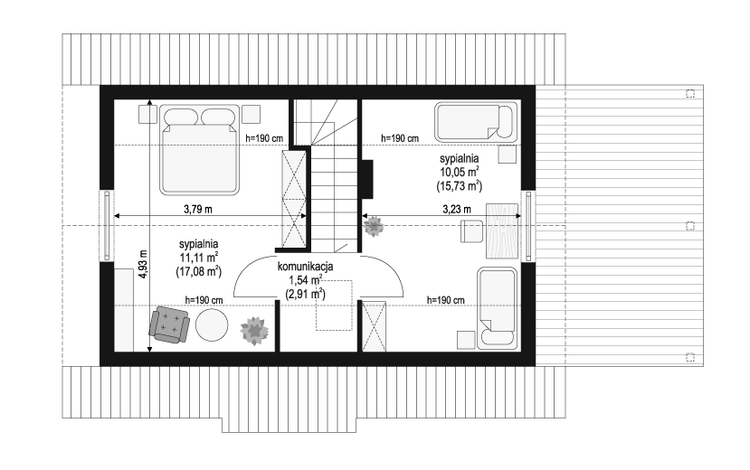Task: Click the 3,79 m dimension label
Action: [198, 209]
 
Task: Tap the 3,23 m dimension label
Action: [457, 209]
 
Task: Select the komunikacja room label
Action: [305, 267]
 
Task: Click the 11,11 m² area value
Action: [199, 258]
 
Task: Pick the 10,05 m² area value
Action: [460, 172]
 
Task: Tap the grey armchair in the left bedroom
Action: [169, 324]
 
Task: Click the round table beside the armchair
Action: [213, 324]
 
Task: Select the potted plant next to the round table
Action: [254, 331]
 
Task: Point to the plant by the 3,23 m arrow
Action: [373, 226]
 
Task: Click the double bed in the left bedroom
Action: [199, 150]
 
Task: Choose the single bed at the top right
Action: [477, 122]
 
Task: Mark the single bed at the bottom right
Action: [498, 308]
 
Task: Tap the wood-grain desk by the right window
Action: [502, 231]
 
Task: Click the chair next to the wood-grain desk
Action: [472, 230]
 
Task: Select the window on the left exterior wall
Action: [107, 226]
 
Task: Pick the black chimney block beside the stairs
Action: [367, 179]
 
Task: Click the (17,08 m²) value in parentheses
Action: [199, 271]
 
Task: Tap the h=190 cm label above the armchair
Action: [204, 300]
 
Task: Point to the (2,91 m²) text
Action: [305, 293]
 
